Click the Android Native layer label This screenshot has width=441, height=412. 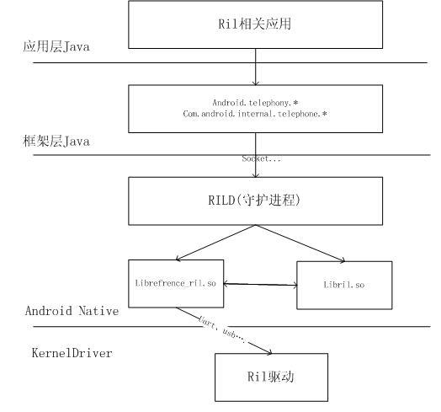(71, 311)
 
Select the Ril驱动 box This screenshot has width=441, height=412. (258, 377)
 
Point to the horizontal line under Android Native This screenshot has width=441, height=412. (227, 327)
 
